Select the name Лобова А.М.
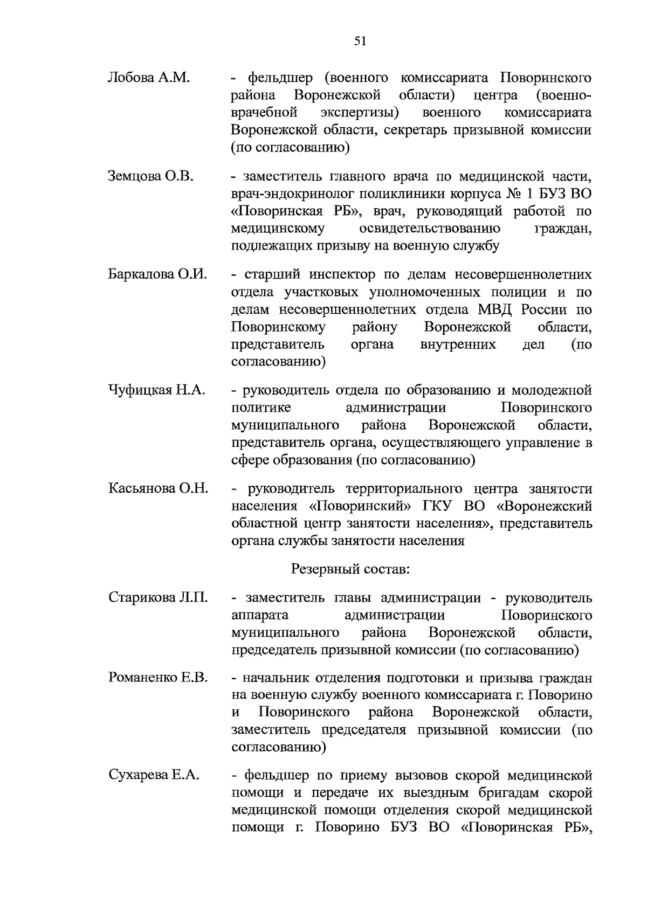pyautogui.click(x=149, y=78)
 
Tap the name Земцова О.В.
pyautogui.click(x=150, y=176)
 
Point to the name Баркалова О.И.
pyautogui.click(x=157, y=274)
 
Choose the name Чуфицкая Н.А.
pyautogui.click(x=156, y=390)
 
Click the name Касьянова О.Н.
pyautogui.click(x=159, y=488)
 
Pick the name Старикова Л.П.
pyautogui.click(x=158, y=597)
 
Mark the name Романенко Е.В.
pyautogui.click(x=157, y=677)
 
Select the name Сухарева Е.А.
pyautogui.click(x=154, y=775)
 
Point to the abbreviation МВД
pyautogui.click(x=496, y=310)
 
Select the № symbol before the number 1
pyautogui.click(x=512, y=194)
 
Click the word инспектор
pyautogui.click(x=342, y=274)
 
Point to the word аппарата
pyautogui.click(x=259, y=615)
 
